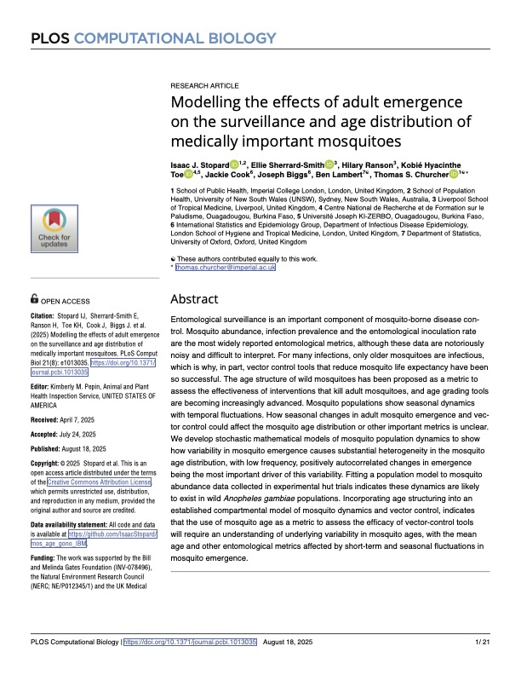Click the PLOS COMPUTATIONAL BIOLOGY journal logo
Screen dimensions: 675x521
pos(153,37)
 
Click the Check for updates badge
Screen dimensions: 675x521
pos(54,230)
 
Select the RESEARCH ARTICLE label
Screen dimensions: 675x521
pos(204,87)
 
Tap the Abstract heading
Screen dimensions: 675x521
pos(195,299)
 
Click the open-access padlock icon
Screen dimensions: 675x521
pos(34,300)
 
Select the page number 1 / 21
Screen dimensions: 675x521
pos(481,664)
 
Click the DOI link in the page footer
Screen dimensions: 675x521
pos(190,664)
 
